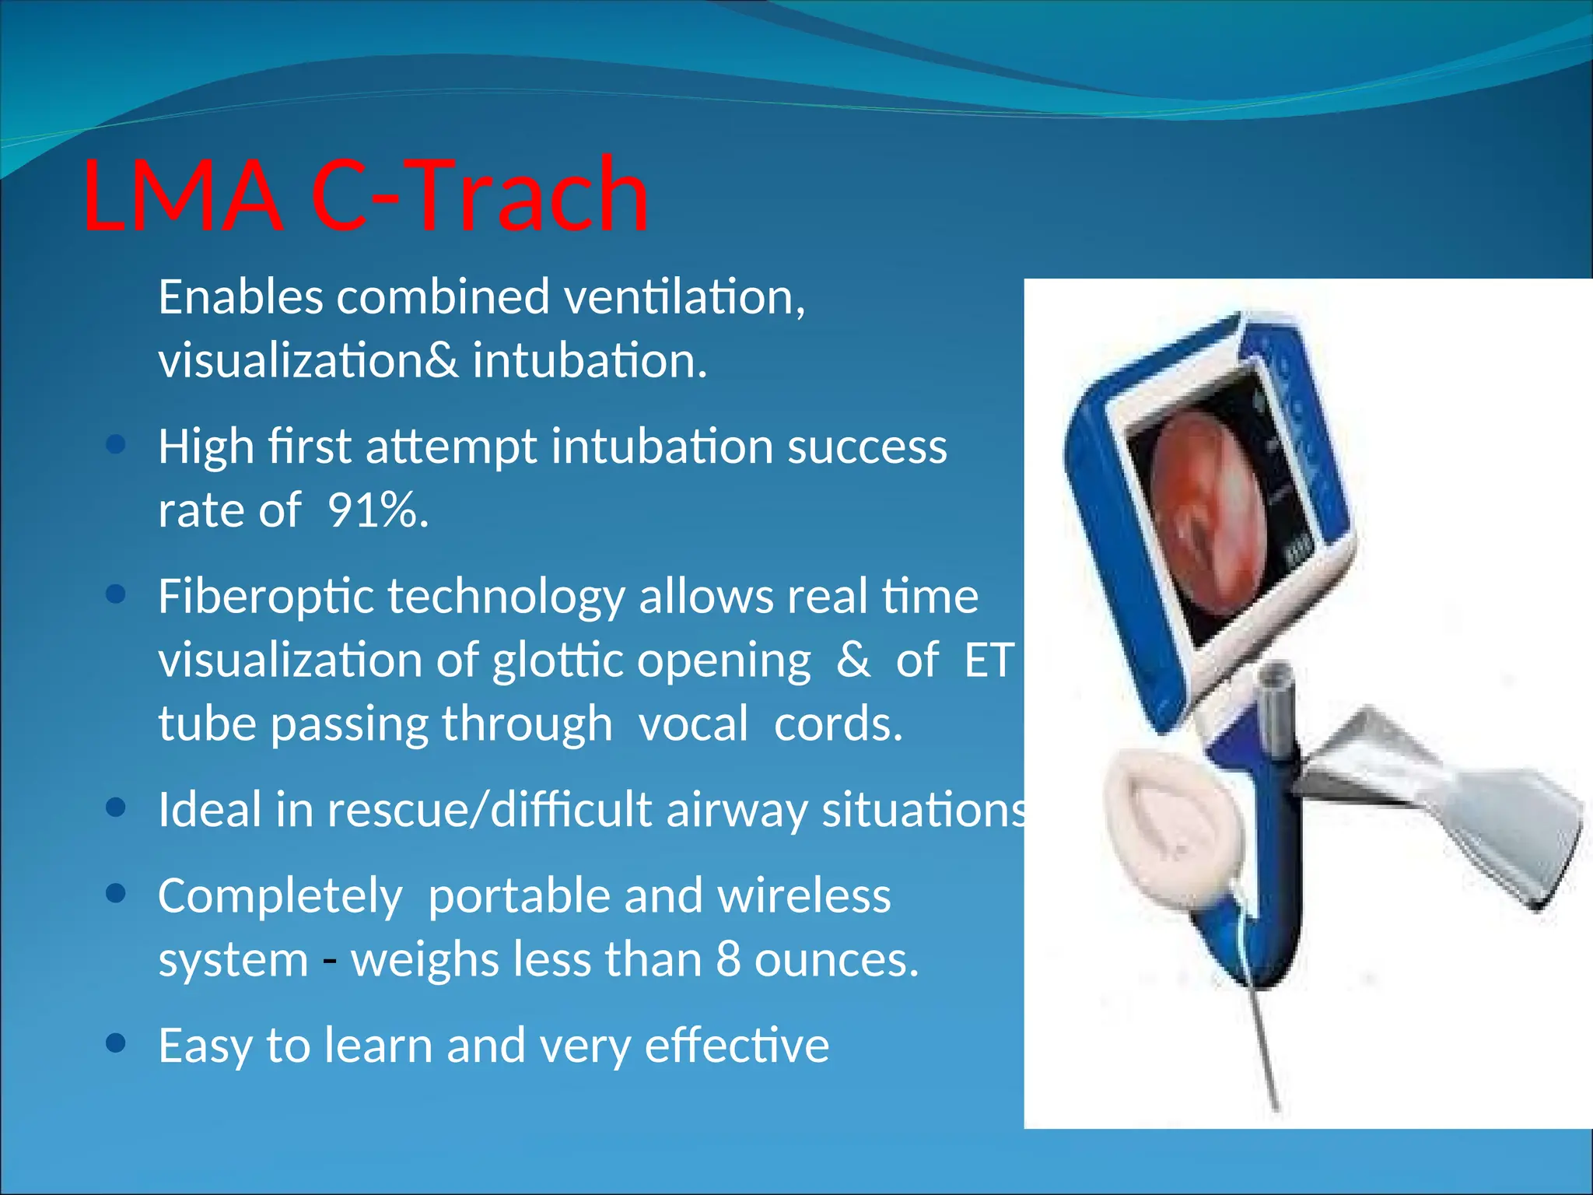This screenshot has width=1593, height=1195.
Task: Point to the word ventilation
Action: coord(684,297)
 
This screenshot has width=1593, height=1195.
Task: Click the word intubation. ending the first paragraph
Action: coord(590,361)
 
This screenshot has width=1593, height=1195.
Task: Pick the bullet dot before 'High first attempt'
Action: coord(116,444)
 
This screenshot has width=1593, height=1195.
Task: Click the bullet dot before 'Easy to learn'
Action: coord(116,1043)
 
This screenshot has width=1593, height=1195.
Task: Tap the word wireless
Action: coord(804,895)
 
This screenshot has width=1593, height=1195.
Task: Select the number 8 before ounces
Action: coord(728,959)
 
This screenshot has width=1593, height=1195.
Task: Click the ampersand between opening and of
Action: coord(853,661)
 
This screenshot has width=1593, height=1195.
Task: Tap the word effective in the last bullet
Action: coord(737,1045)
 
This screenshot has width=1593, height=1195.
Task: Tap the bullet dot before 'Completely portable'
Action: coord(116,894)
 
